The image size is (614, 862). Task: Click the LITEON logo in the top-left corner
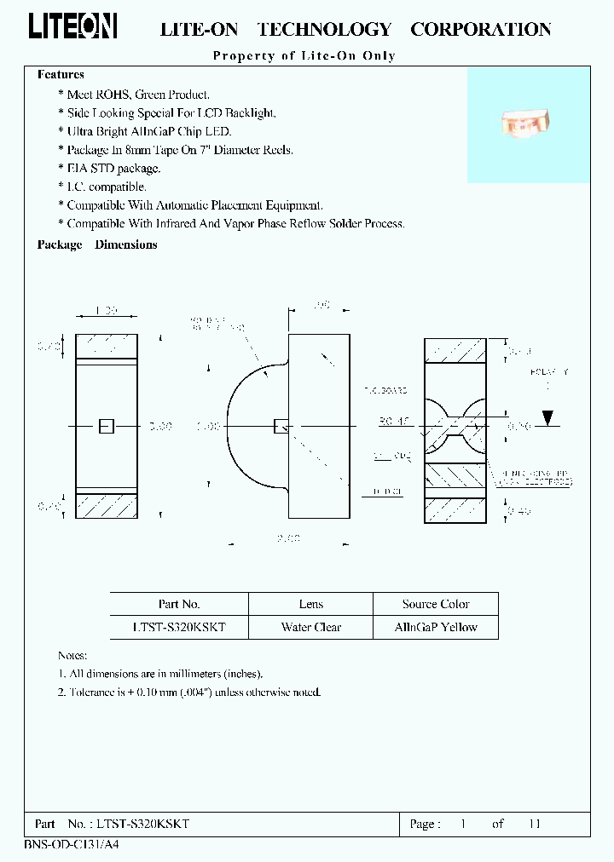pos(72,27)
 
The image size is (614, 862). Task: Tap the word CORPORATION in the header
pos(481,29)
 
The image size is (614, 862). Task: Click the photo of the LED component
pos(524,124)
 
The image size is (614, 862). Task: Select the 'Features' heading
pos(61,75)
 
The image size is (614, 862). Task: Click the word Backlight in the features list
pos(248,112)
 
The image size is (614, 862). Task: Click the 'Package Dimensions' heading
pos(97,244)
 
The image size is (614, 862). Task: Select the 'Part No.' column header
pos(179,604)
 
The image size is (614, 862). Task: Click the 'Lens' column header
pos(311,604)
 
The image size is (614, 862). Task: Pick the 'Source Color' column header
pos(436,604)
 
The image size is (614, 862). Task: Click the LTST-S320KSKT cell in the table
pos(179,627)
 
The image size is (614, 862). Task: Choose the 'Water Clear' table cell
pos(311,627)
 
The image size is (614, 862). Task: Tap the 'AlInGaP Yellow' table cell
pos(436,627)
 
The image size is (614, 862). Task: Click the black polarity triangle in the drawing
pos(548,417)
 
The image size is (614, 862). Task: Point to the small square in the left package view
pos(106,426)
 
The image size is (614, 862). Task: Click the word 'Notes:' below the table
pos(72,655)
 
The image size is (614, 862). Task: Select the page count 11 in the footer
pos(535,824)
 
